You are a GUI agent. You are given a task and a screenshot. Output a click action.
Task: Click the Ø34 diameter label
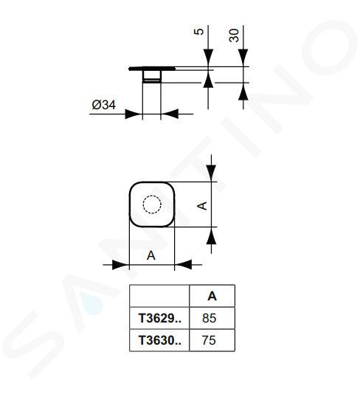click(x=104, y=105)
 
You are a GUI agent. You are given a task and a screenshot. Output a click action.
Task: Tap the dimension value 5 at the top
click(x=199, y=32)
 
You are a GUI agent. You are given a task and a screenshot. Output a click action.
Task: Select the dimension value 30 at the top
click(x=234, y=35)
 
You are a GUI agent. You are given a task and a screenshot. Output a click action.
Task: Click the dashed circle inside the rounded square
click(x=152, y=204)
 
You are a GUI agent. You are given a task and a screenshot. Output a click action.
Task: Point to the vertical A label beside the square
click(x=203, y=206)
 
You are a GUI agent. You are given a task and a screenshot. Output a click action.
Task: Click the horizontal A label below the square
click(x=151, y=255)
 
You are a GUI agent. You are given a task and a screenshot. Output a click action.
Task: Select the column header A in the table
click(x=212, y=296)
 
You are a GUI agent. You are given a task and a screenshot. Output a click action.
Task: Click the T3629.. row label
click(x=160, y=318)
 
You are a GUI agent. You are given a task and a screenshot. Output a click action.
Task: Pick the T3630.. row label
click(x=160, y=340)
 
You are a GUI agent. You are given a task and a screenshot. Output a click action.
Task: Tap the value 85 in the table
click(x=209, y=318)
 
